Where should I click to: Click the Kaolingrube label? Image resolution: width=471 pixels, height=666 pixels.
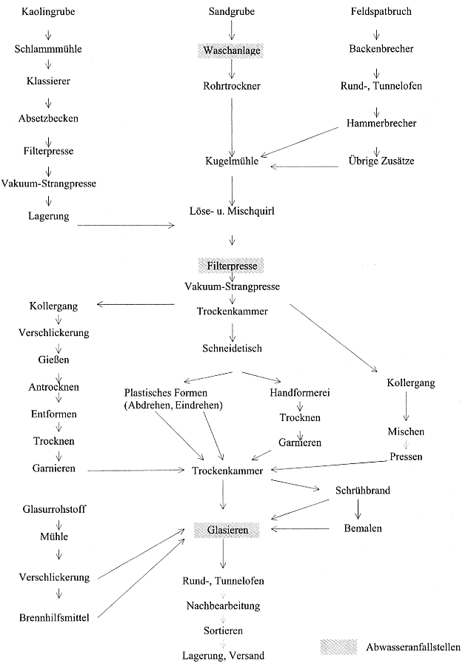49,13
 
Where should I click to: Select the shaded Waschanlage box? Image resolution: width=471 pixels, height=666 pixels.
232,50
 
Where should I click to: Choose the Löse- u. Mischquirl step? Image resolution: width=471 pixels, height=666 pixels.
232,212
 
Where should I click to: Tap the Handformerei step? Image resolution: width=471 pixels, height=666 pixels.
298,392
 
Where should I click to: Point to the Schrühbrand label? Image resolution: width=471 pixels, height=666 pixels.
363,490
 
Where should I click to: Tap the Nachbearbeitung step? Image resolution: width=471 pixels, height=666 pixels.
223,605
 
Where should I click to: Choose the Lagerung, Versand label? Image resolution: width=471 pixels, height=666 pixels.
223,655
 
